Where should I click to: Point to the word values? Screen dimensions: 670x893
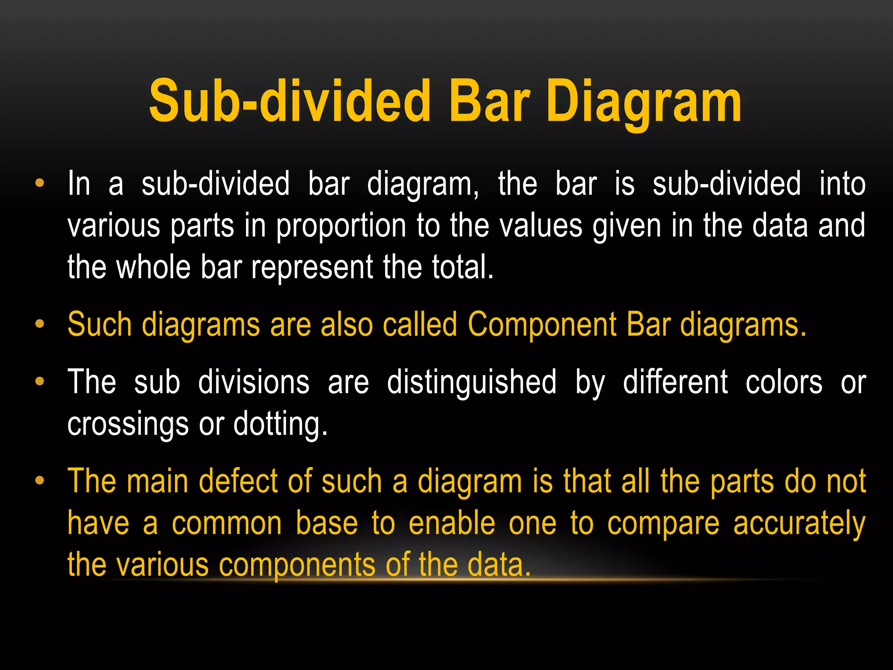click(541, 226)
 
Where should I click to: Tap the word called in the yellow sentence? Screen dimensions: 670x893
click(420, 324)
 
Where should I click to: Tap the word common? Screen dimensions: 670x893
click(227, 523)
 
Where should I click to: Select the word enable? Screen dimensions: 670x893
click(452, 523)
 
